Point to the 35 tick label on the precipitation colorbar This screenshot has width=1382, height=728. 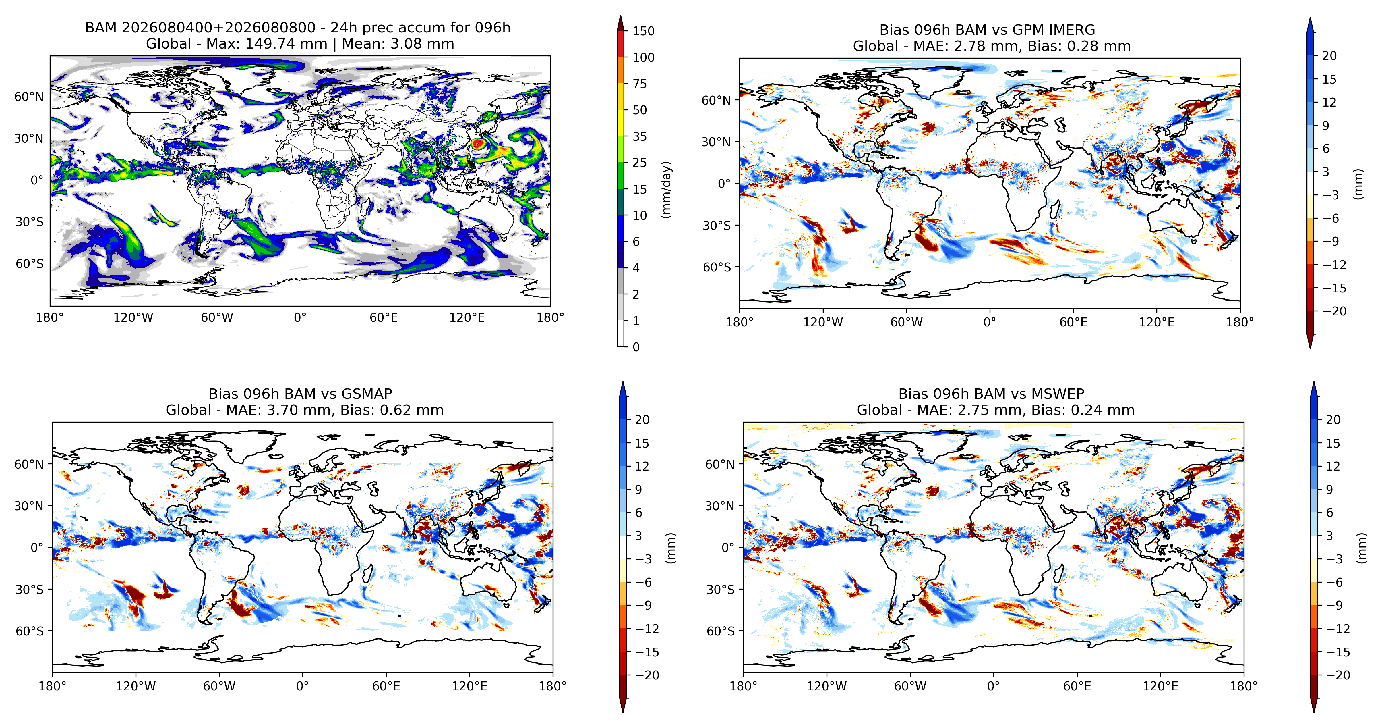click(x=640, y=136)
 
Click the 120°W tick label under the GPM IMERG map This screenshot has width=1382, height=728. click(x=823, y=322)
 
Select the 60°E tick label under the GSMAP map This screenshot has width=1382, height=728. click(x=386, y=686)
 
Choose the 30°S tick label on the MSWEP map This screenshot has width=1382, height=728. click(x=720, y=590)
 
